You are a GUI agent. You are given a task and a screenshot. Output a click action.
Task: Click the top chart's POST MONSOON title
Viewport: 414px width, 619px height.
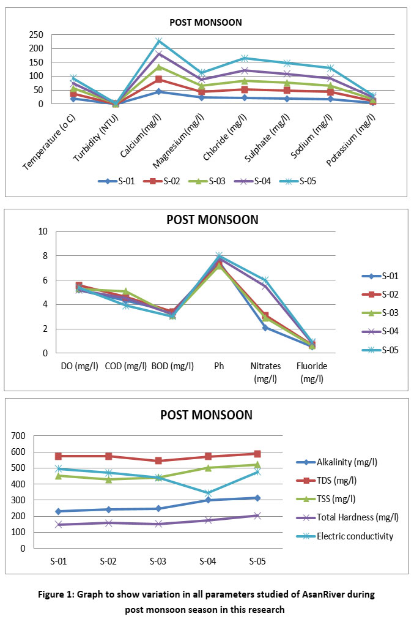point(205,23)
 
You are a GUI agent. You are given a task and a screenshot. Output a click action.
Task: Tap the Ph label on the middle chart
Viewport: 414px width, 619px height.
point(220,366)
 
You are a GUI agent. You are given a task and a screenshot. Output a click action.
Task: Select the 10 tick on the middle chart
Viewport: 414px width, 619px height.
point(42,231)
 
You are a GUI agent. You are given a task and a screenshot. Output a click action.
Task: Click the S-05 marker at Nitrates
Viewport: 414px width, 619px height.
point(265,280)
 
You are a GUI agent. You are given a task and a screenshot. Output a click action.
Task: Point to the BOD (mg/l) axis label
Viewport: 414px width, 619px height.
point(172,366)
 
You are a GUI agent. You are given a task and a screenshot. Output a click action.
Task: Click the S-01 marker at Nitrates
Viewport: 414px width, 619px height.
point(265,328)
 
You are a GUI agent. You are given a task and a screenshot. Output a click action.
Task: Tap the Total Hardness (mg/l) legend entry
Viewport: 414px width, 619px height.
point(358,517)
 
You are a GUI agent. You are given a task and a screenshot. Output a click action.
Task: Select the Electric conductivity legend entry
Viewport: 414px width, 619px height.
point(355,536)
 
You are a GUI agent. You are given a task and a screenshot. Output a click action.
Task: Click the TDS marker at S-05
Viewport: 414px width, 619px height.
point(257,454)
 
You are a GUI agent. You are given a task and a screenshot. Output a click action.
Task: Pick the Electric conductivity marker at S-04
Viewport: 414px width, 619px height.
point(208,493)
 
